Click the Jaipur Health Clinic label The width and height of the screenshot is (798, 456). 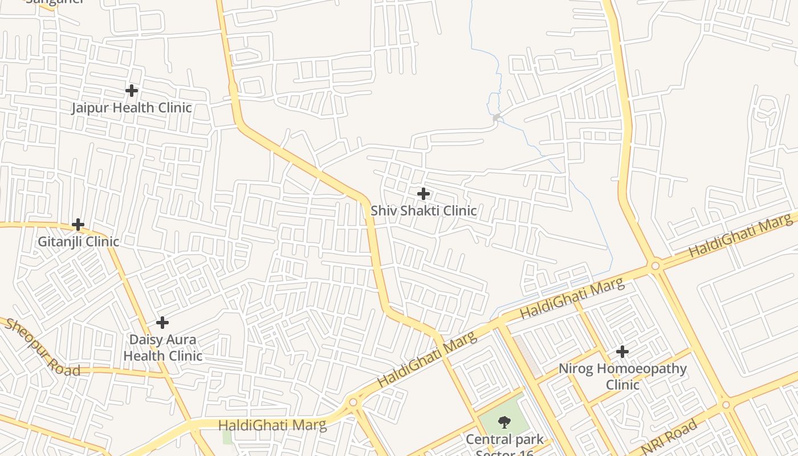[132, 108]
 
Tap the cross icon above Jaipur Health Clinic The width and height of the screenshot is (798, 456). [132, 91]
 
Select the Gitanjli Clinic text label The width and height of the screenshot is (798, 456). [79, 241]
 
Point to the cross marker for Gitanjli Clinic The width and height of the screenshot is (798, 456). [78, 225]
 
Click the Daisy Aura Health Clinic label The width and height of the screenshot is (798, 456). [163, 347]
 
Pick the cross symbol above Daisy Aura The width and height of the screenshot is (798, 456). [162, 323]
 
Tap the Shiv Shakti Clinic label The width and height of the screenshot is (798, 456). [424, 210]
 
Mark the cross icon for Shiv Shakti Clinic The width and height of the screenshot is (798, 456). [423, 194]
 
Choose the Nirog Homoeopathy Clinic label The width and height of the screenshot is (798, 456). [622, 376]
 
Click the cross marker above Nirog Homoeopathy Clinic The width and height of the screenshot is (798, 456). [622, 352]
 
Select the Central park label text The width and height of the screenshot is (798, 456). [504, 440]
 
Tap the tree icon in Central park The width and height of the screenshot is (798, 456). [504, 422]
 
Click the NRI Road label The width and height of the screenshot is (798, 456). [670, 436]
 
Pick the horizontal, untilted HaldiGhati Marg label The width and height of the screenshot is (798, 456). [272, 425]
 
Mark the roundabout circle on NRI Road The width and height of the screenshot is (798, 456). [726, 405]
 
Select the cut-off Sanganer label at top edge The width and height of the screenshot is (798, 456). [55, 2]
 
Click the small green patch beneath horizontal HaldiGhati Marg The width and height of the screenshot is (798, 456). [227, 437]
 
